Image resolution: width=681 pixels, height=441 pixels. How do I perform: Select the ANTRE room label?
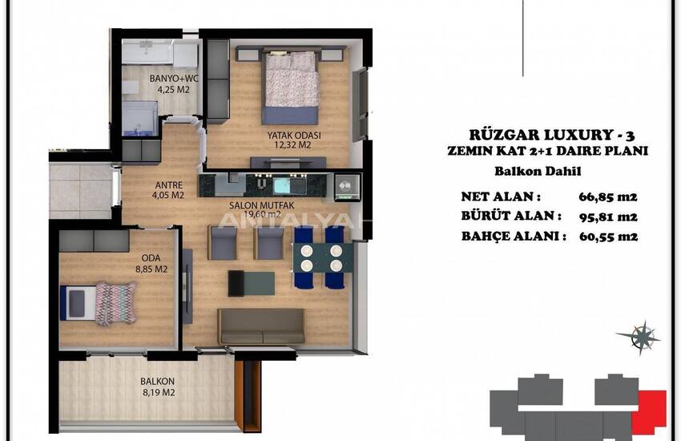coord(168,183)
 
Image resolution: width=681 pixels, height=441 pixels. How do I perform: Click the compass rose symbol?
coord(640,338)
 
